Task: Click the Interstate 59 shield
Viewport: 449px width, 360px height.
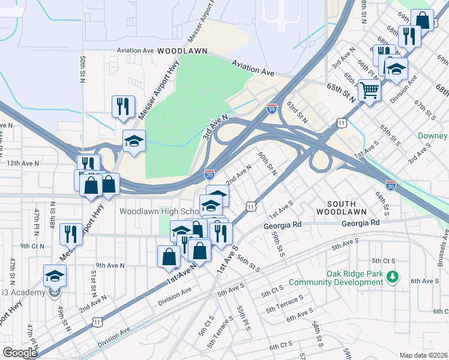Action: pos(272,109)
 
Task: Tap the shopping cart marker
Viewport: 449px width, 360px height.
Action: pos(370,91)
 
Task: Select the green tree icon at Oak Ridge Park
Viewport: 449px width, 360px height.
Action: pos(393,277)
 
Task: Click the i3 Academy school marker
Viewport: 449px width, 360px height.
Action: pos(55,277)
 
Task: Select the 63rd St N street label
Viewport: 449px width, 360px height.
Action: pos(297,112)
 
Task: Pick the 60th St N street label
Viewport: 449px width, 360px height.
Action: pos(267,163)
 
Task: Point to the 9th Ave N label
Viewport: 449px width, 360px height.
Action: pos(109,265)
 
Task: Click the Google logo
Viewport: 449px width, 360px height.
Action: pos(20,353)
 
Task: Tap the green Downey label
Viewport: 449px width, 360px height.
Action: pos(433,136)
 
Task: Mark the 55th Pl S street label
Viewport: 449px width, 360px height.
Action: pos(243,318)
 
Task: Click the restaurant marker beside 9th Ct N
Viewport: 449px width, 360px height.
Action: pos(71,234)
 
